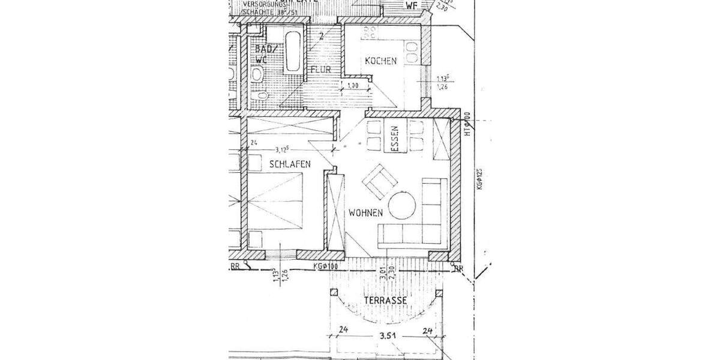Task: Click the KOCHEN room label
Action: click(x=380, y=61)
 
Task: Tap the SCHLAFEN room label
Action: click(x=290, y=163)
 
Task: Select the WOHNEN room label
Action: click(x=364, y=212)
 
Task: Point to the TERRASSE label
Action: click(x=386, y=300)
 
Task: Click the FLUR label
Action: click(x=321, y=70)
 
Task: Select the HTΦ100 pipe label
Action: click(x=466, y=127)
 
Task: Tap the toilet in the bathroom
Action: click(x=257, y=74)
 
